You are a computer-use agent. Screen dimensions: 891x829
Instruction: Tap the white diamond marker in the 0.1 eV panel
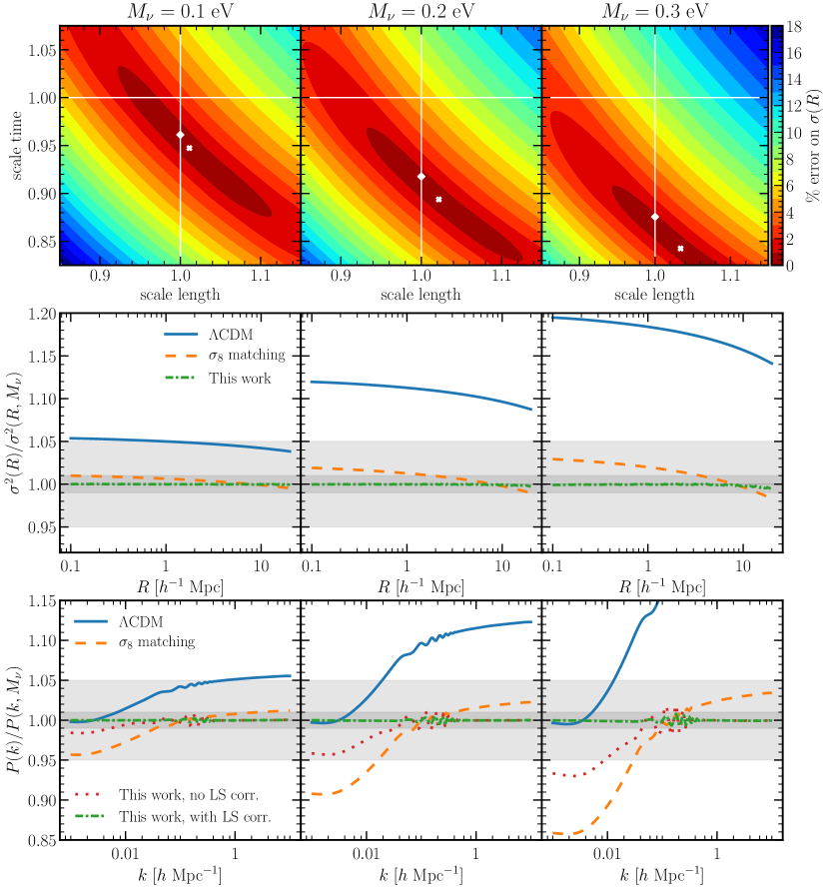point(180,134)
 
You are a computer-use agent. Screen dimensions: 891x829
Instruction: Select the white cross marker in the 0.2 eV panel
point(438,199)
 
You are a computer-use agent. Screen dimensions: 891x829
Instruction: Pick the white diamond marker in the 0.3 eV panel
point(654,217)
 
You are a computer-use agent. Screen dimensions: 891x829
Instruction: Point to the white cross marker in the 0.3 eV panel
point(680,248)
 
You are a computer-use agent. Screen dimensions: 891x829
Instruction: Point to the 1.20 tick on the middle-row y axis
point(41,314)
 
